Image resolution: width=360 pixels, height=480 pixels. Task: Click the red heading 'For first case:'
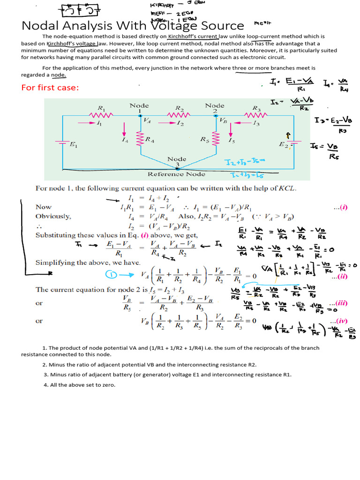coord(50,88)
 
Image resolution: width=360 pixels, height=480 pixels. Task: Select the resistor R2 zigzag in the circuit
coord(179,115)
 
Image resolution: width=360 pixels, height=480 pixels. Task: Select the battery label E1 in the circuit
coord(74,145)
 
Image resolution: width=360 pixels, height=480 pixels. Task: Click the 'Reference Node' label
coord(176,174)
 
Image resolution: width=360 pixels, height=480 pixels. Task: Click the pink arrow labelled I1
coord(89,123)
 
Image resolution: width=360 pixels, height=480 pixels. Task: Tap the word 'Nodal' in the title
coord(41,26)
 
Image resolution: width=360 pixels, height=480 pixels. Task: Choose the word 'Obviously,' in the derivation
coord(53,216)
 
